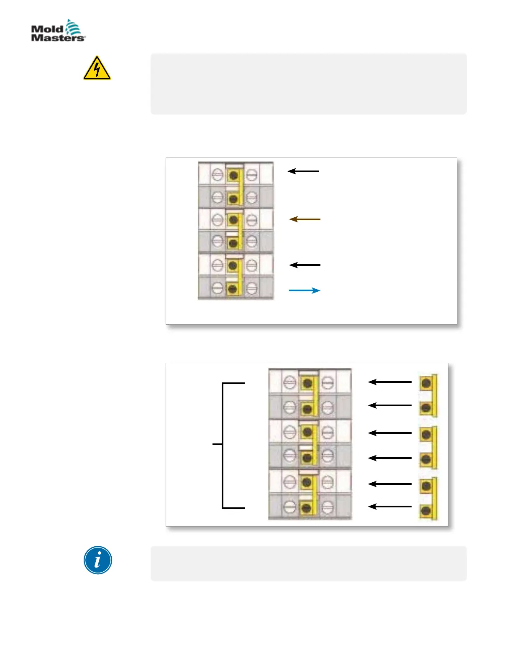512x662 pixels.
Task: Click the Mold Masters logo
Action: coord(58,31)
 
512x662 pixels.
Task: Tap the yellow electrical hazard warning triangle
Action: coord(97,69)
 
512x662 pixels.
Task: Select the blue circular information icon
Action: coord(98,560)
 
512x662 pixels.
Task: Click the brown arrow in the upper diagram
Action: coord(305,219)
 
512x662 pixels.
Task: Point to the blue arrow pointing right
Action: coord(305,290)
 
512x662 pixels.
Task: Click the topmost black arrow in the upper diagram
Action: coord(304,171)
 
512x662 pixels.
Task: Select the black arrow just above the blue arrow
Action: coord(305,265)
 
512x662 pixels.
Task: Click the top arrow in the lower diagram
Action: coord(390,382)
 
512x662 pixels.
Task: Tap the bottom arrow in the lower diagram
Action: coord(390,507)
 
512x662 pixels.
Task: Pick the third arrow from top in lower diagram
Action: coord(390,433)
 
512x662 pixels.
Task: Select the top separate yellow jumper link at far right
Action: coord(428,395)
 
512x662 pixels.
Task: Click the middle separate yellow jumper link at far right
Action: coord(428,447)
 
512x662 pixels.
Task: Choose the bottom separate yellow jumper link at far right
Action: coord(428,498)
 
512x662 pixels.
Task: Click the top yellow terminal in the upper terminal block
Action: coord(234,175)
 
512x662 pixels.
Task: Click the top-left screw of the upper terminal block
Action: coord(217,174)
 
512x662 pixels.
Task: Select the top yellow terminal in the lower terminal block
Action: coord(308,382)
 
